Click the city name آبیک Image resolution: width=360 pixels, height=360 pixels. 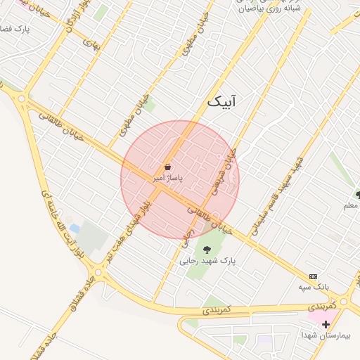pos(223,103)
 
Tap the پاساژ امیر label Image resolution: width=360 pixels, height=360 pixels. pos(168,179)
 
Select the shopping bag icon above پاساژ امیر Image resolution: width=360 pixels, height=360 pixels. pos(169,167)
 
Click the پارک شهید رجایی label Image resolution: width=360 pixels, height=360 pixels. pos(207,260)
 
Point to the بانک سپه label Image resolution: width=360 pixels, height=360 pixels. pos(313,288)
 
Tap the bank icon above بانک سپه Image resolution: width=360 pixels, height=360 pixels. pos(314,277)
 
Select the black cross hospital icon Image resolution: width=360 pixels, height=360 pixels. pos(326,324)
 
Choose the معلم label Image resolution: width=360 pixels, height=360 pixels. pos(349,206)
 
